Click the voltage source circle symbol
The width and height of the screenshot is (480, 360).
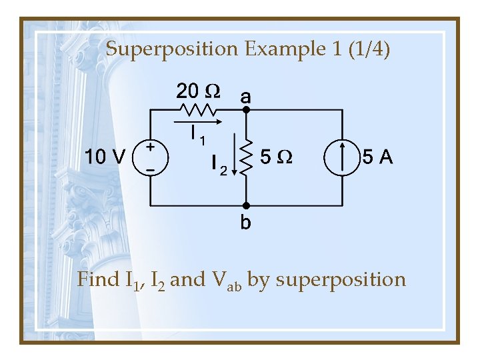(x=151, y=157)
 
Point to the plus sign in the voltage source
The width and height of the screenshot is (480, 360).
(x=151, y=147)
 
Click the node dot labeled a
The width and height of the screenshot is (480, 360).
(x=245, y=110)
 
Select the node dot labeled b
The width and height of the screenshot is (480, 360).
(x=245, y=205)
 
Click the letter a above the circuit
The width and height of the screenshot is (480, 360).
(x=245, y=96)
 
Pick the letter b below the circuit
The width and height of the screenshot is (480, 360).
(x=245, y=222)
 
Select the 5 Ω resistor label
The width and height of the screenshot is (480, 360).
(x=275, y=158)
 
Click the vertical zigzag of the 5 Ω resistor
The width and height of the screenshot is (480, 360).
(x=246, y=158)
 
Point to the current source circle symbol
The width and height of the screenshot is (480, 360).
(x=341, y=158)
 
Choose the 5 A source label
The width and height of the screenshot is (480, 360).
(x=377, y=158)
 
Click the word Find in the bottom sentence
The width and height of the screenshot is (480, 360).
(x=97, y=279)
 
